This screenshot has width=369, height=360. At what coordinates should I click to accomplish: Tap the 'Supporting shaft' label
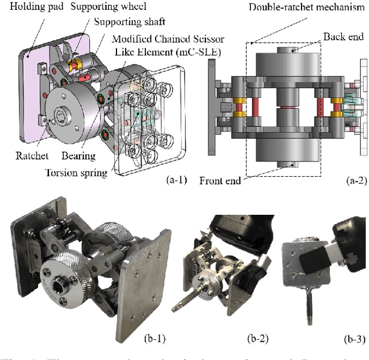pos(131,22)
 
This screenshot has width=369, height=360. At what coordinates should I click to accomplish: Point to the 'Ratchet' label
pos(32,139)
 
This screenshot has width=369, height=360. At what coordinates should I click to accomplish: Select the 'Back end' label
pos(343,36)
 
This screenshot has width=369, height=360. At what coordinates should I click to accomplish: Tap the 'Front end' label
pos(221,181)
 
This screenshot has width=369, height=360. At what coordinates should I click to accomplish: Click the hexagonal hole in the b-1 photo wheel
pos(59,284)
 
